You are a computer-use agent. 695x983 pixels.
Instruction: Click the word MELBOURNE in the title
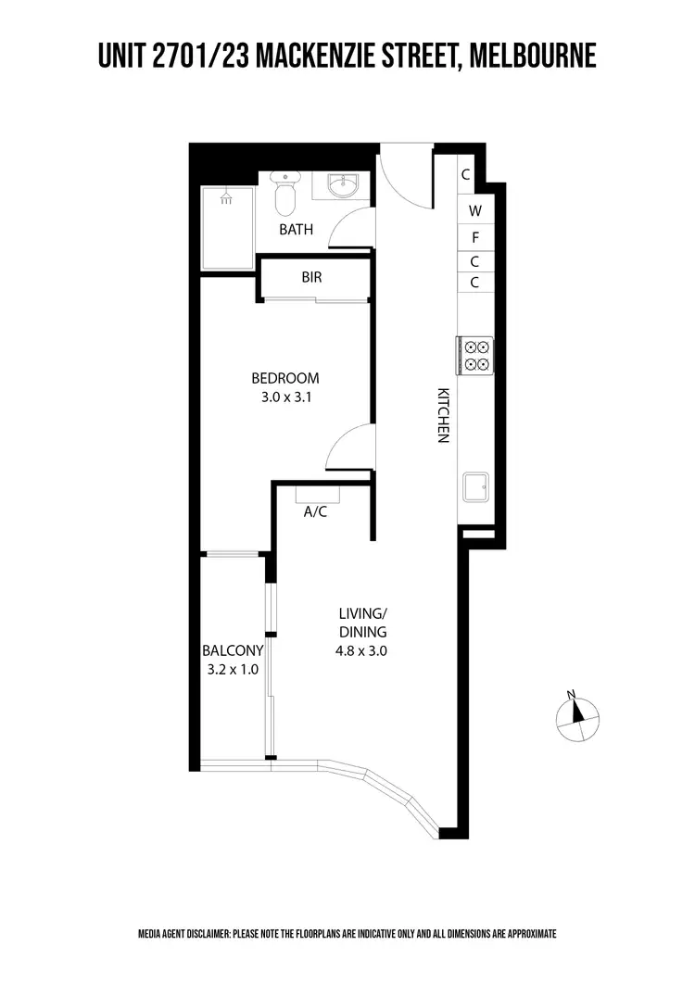[x=532, y=57]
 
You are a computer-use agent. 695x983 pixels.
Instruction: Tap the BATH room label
[x=296, y=230]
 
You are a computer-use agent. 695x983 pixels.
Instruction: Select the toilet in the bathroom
[x=284, y=195]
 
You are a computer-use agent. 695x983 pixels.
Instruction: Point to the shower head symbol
[x=225, y=197]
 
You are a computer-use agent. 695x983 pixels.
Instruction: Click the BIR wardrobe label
[x=311, y=277]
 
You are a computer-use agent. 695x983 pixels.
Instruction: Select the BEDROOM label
[x=285, y=378]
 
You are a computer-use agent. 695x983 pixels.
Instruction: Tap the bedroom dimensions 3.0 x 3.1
[x=285, y=398]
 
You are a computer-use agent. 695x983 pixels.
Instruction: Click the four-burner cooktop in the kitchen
[x=475, y=355]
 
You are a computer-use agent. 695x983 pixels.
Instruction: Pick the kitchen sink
[x=476, y=486]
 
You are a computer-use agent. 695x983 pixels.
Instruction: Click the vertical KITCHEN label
[x=443, y=415]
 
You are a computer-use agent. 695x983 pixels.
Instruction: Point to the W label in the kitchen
[x=474, y=210]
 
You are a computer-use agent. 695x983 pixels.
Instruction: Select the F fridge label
[x=474, y=237]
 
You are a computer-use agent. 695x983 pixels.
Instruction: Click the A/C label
[x=316, y=511]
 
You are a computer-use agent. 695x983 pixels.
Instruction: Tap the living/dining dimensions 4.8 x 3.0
[x=360, y=650]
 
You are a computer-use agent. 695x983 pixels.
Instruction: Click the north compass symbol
[x=578, y=715]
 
